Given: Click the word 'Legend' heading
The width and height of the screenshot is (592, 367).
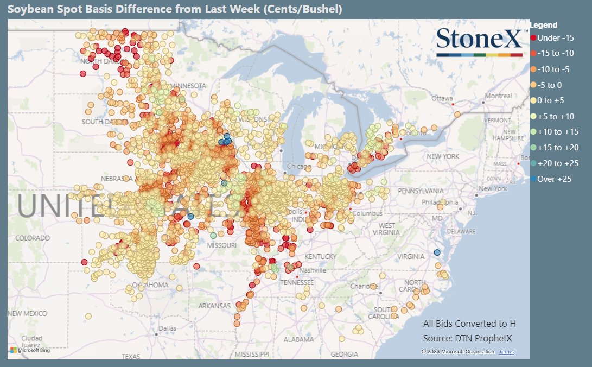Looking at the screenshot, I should click(543, 25).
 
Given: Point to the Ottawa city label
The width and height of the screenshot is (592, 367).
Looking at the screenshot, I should click(442, 98).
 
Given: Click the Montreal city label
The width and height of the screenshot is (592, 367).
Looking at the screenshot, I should click(498, 96).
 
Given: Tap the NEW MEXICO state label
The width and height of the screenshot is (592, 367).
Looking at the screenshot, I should click(27, 313).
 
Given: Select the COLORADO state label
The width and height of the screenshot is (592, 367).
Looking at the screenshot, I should click(32, 238).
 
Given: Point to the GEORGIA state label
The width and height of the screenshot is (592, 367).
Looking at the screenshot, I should click(344, 354).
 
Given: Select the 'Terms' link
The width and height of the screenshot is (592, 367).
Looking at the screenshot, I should click(506, 352).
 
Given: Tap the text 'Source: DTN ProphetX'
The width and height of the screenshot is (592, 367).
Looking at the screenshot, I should click(468, 338).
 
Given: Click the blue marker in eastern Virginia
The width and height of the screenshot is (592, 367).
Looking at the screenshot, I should click(437, 252).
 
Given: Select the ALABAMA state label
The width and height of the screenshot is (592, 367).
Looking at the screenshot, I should click(298, 339).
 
